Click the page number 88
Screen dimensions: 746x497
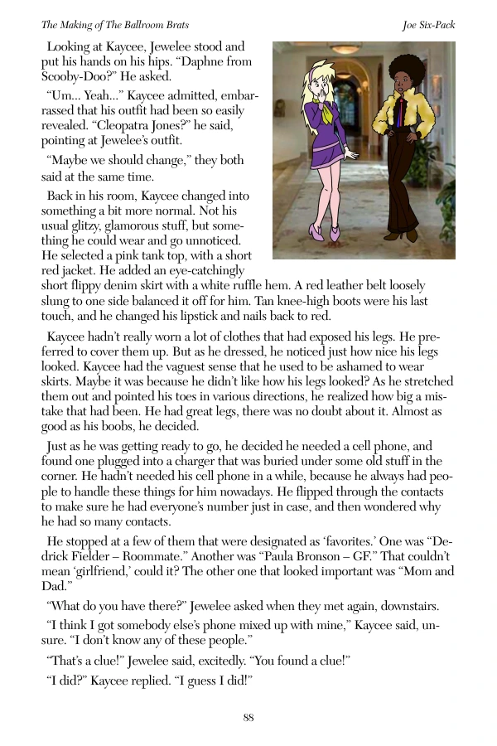(248, 718)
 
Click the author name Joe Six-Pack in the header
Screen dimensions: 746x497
(427, 25)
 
